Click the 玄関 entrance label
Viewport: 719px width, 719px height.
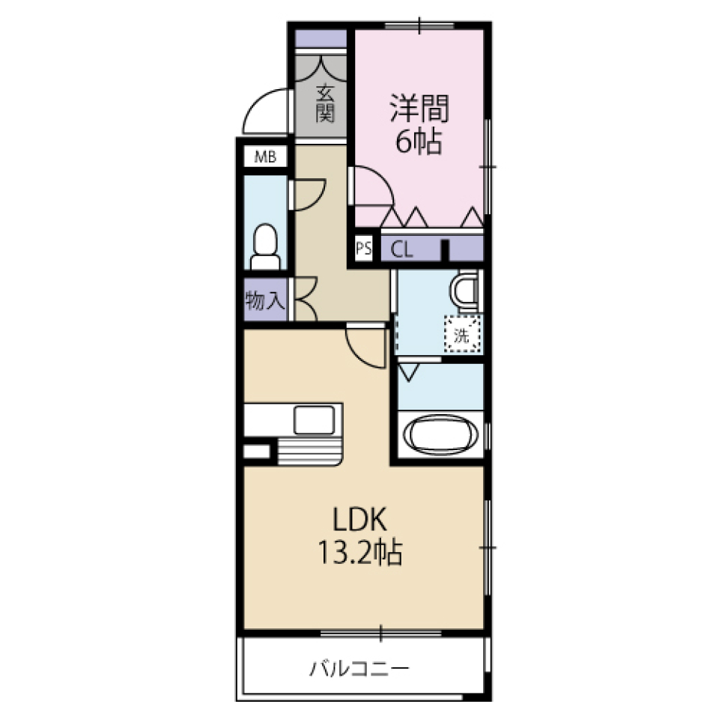(x=324, y=103)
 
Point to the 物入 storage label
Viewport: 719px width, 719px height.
(x=264, y=301)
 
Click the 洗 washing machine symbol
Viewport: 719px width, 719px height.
(x=461, y=333)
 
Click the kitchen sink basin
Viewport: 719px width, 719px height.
(x=317, y=419)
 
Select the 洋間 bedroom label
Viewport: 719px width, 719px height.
(x=419, y=109)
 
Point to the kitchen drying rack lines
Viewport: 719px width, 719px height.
(x=309, y=450)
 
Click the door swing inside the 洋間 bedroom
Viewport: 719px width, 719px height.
(x=372, y=186)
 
